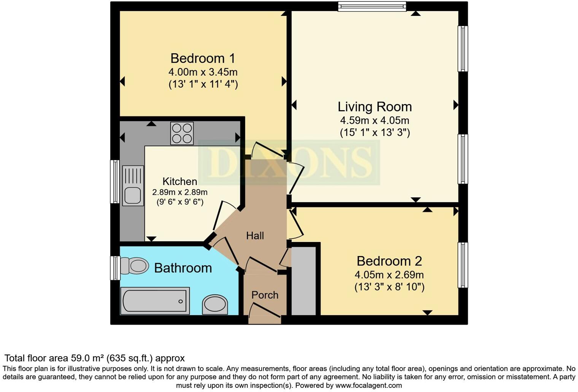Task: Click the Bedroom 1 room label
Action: point(203,58)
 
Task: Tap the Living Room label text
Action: point(375,107)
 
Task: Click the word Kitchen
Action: point(179,181)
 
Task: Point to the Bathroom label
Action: point(183,268)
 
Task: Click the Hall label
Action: point(255,236)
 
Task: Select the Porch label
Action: point(265,295)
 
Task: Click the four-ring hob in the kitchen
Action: point(182,133)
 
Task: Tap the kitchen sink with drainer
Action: point(133,186)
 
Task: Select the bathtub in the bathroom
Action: point(155,301)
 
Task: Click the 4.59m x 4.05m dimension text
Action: point(375,121)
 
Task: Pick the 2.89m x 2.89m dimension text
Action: point(180,192)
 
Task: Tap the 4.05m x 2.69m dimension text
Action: point(389,275)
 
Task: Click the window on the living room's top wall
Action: point(372,6)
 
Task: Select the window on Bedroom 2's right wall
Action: point(463,265)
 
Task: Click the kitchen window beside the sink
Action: point(114,182)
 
